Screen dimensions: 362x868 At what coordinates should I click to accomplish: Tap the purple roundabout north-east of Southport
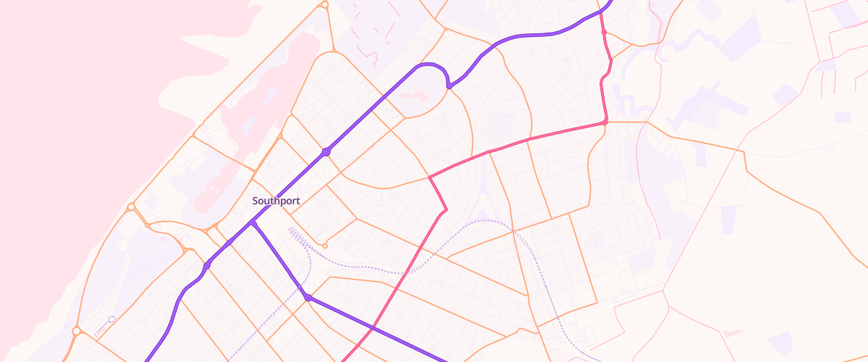point(327,152)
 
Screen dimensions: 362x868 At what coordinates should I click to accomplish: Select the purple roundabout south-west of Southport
point(207,266)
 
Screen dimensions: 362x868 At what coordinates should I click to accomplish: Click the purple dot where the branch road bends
point(307,298)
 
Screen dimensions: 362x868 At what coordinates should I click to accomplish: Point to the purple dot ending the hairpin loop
point(449,86)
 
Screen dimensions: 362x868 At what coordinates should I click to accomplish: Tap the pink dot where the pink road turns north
point(605,122)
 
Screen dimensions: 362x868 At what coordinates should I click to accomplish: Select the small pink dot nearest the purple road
point(603,33)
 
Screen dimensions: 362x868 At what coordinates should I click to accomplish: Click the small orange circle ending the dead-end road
point(325,244)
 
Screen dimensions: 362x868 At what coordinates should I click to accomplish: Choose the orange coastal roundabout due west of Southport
point(131,207)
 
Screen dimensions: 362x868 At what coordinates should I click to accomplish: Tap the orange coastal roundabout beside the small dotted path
point(76,332)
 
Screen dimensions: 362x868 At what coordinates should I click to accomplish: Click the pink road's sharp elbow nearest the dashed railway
point(446,210)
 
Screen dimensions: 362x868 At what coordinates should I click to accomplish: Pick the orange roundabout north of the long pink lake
point(325,4)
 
